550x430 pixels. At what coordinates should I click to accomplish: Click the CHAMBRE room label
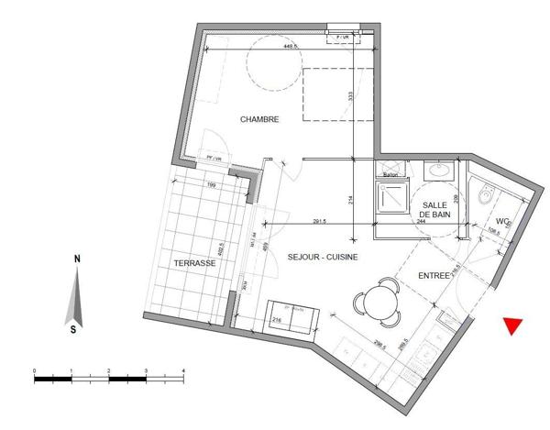259,120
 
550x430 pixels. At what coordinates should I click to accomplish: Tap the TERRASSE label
193,263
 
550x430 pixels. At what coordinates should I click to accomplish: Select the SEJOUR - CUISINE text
322,257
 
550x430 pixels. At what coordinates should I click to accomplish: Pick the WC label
502,222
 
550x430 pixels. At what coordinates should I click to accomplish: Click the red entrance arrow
514,325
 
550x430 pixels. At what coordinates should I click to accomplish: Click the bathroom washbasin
439,171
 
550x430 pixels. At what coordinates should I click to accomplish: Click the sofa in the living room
292,316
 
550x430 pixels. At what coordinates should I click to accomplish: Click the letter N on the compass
76,260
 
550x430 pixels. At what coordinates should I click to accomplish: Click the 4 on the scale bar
183,370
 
